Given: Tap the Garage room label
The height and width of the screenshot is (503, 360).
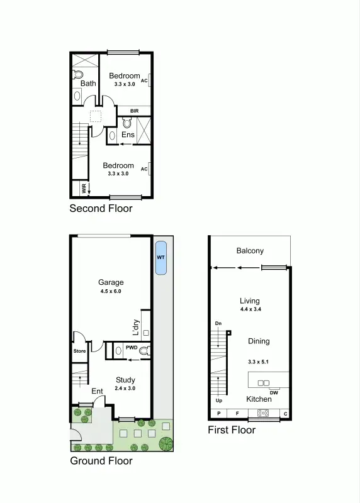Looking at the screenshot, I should pyautogui.click(x=111, y=282).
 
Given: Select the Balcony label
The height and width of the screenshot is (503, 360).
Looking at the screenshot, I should pyautogui.click(x=250, y=251).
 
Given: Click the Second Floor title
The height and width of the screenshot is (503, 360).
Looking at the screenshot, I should pyautogui.click(x=101, y=208).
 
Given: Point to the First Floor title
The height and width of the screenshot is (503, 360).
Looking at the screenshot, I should pyautogui.click(x=232, y=430).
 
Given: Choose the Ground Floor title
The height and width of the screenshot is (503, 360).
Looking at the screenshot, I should pyautogui.click(x=101, y=461).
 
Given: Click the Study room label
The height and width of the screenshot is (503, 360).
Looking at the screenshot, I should pyautogui.click(x=125, y=380).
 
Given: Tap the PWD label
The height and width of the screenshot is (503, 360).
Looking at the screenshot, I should pyautogui.click(x=132, y=347).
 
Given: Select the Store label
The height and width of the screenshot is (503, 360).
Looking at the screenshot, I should pyautogui.click(x=79, y=351).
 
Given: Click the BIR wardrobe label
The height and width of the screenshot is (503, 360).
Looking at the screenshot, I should pyautogui.click(x=134, y=111).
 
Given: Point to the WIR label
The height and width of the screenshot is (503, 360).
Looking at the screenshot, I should pyautogui.click(x=83, y=187).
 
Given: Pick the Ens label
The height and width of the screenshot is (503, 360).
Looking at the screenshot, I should pyautogui.click(x=128, y=135).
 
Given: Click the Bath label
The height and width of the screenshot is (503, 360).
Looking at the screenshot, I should pyautogui.click(x=88, y=83).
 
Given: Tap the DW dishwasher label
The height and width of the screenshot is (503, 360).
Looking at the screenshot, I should pyautogui.click(x=274, y=393).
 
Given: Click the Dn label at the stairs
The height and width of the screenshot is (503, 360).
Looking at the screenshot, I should pyautogui.click(x=218, y=323).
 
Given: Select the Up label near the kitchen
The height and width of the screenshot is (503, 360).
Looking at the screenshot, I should pyautogui.click(x=218, y=400).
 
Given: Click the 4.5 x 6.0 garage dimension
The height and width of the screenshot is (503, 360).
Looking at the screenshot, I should pyautogui.click(x=110, y=292).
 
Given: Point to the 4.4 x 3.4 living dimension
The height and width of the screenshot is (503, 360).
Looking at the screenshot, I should pyautogui.click(x=250, y=310).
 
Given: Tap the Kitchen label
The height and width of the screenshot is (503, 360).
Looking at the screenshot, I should pyautogui.click(x=259, y=399).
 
